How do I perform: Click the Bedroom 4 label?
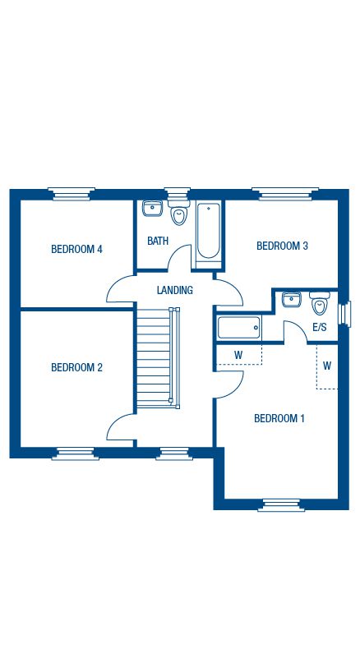pos(76,249)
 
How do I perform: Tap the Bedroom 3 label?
pos(282,246)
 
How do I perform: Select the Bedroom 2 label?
pos(76,367)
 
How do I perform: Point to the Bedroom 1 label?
pos(279,418)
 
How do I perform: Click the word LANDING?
pos(175,290)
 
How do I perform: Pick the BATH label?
pos(158,241)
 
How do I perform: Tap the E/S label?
pos(320,328)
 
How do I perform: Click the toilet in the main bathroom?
pos(179,212)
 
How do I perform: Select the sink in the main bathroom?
pos(152,208)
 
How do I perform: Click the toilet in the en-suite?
pos(320,303)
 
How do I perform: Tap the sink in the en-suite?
pos(292,299)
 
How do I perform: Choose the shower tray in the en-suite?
pos(239,328)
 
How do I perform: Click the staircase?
pos(159,357)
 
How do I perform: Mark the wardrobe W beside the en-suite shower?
pos(239,354)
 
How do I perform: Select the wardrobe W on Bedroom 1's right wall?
pos(327,366)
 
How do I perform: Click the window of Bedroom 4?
pos(72,194)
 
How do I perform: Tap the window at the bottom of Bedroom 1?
pos(281,505)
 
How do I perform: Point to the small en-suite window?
pos(345,314)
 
